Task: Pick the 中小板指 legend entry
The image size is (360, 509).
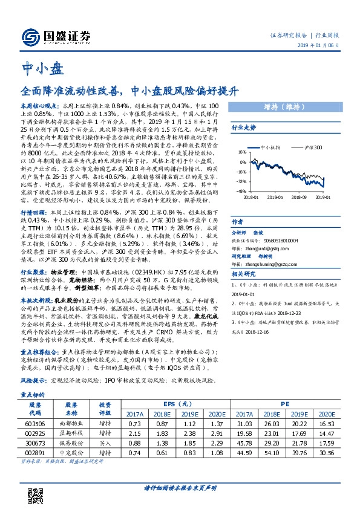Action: click(267, 147)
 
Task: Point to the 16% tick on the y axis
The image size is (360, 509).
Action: click(242, 152)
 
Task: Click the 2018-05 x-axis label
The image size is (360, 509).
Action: click(275, 196)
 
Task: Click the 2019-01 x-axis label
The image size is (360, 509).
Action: click(322, 196)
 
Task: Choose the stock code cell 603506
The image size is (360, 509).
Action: click(35, 425)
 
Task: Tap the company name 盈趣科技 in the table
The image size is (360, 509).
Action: click(71, 434)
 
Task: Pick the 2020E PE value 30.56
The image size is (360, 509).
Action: click(326, 452)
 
